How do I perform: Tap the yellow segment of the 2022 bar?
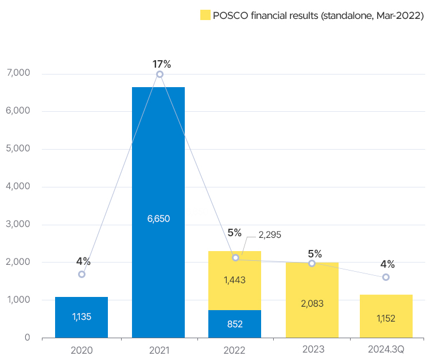click(x=235, y=280)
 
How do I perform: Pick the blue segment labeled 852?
click(x=235, y=324)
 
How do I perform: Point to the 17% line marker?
click(x=160, y=75)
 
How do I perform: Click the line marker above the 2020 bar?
click(x=81, y=274)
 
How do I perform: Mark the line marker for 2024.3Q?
click(x=386, y=277)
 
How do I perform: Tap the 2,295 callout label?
click(x=270, y=234)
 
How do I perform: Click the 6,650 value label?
click(x=158, y=218)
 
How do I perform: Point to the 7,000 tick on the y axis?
click(x=20, y=73)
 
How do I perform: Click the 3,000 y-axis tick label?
click(x=20, y=224)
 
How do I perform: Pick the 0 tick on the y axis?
click(x=27, y=338)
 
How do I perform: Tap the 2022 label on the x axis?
click(x=235, y=349)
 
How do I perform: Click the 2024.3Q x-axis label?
click(x=386, y=349)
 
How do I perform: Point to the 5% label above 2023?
click(x=314, y=254)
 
